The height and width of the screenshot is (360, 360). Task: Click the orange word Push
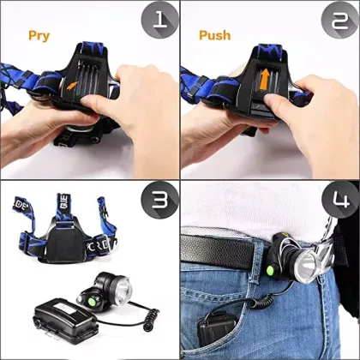point(215,35)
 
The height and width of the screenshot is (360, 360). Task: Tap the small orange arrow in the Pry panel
point(69,85)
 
